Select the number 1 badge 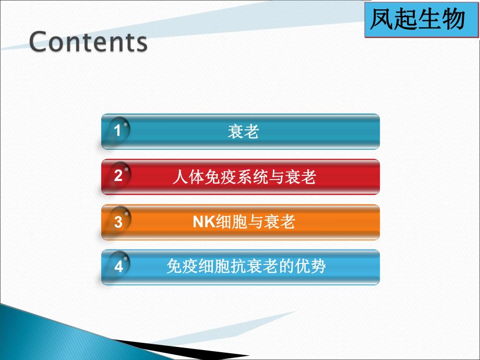pos(118,131)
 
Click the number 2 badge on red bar pos(118,176)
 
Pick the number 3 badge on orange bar pos(118,222)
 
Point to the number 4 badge pos(118,267)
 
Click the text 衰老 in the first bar pos(243,131)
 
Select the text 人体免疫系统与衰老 pos(244,177)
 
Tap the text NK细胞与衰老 pos(244,222)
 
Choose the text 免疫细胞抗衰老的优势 pos(246,267)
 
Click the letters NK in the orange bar pos(201,222)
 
